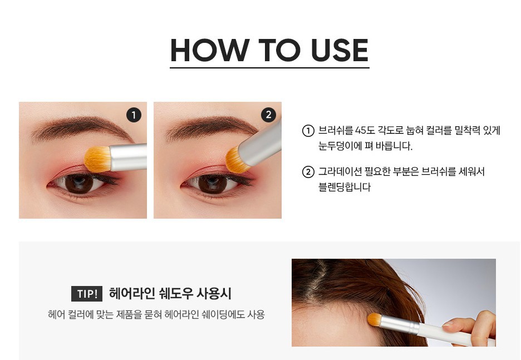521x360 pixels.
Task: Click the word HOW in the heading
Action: click(210, 50)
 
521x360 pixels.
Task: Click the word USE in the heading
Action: click(340, 50)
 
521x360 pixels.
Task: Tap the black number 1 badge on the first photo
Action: click(134, 115)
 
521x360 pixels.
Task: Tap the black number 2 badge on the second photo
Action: click(268, 115)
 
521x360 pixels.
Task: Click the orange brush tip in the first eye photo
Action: click(97, 159)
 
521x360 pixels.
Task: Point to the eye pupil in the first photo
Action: click(78, 183)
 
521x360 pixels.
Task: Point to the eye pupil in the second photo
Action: click(213, 184)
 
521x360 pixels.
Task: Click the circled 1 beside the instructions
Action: click(308, 131)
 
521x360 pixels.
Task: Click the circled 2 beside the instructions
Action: click(308, 172)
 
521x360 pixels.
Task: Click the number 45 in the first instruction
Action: click(361, 130)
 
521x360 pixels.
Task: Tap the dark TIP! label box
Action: click(87, 294)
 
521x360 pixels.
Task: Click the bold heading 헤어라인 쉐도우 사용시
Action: click(170, 294)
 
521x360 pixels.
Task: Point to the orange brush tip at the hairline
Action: click(375, 319)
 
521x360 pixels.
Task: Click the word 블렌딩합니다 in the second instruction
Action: click(345, 187)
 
